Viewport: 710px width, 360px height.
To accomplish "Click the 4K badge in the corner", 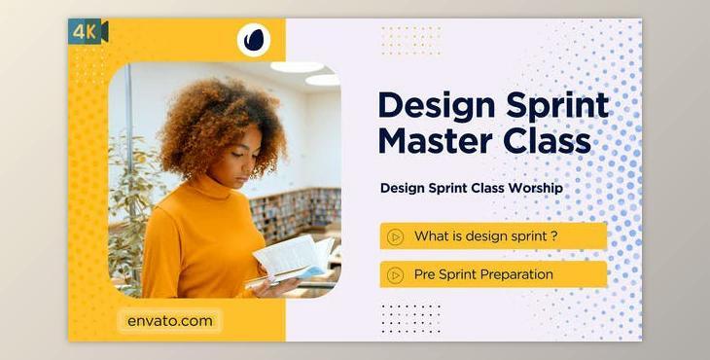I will pos(88,32).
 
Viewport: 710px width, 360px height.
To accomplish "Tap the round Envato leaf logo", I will pos(254,41).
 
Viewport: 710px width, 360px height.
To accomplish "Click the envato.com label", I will pos(169,320).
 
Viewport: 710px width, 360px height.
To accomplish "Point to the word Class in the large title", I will pos(546,140).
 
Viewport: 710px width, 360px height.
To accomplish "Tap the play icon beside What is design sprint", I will pos(395,236).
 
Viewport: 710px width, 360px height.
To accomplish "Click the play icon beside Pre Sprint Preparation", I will pos(395,274).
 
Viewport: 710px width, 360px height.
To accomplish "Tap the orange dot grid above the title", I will pos(410,41).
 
